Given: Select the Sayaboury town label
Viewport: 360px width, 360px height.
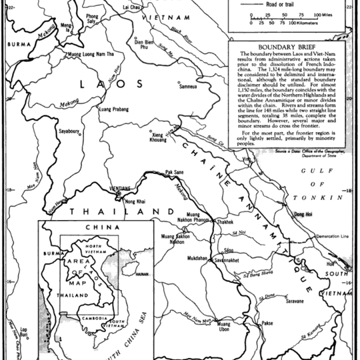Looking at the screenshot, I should (x=69, y=131).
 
